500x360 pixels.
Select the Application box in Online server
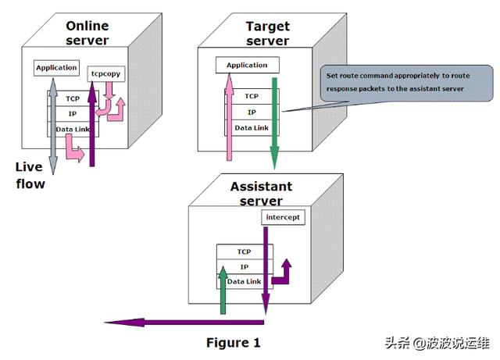(56, 67)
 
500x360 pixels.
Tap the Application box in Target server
(246, 65)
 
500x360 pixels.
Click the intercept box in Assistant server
(281, 217)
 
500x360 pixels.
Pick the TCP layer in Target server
(252, 96)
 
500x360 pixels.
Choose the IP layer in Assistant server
(245, 266)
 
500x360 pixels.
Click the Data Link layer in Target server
(252, 127)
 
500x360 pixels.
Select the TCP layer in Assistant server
(245, 251)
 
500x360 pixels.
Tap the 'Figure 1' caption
(233, 343)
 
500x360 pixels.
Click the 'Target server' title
(267, 34)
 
